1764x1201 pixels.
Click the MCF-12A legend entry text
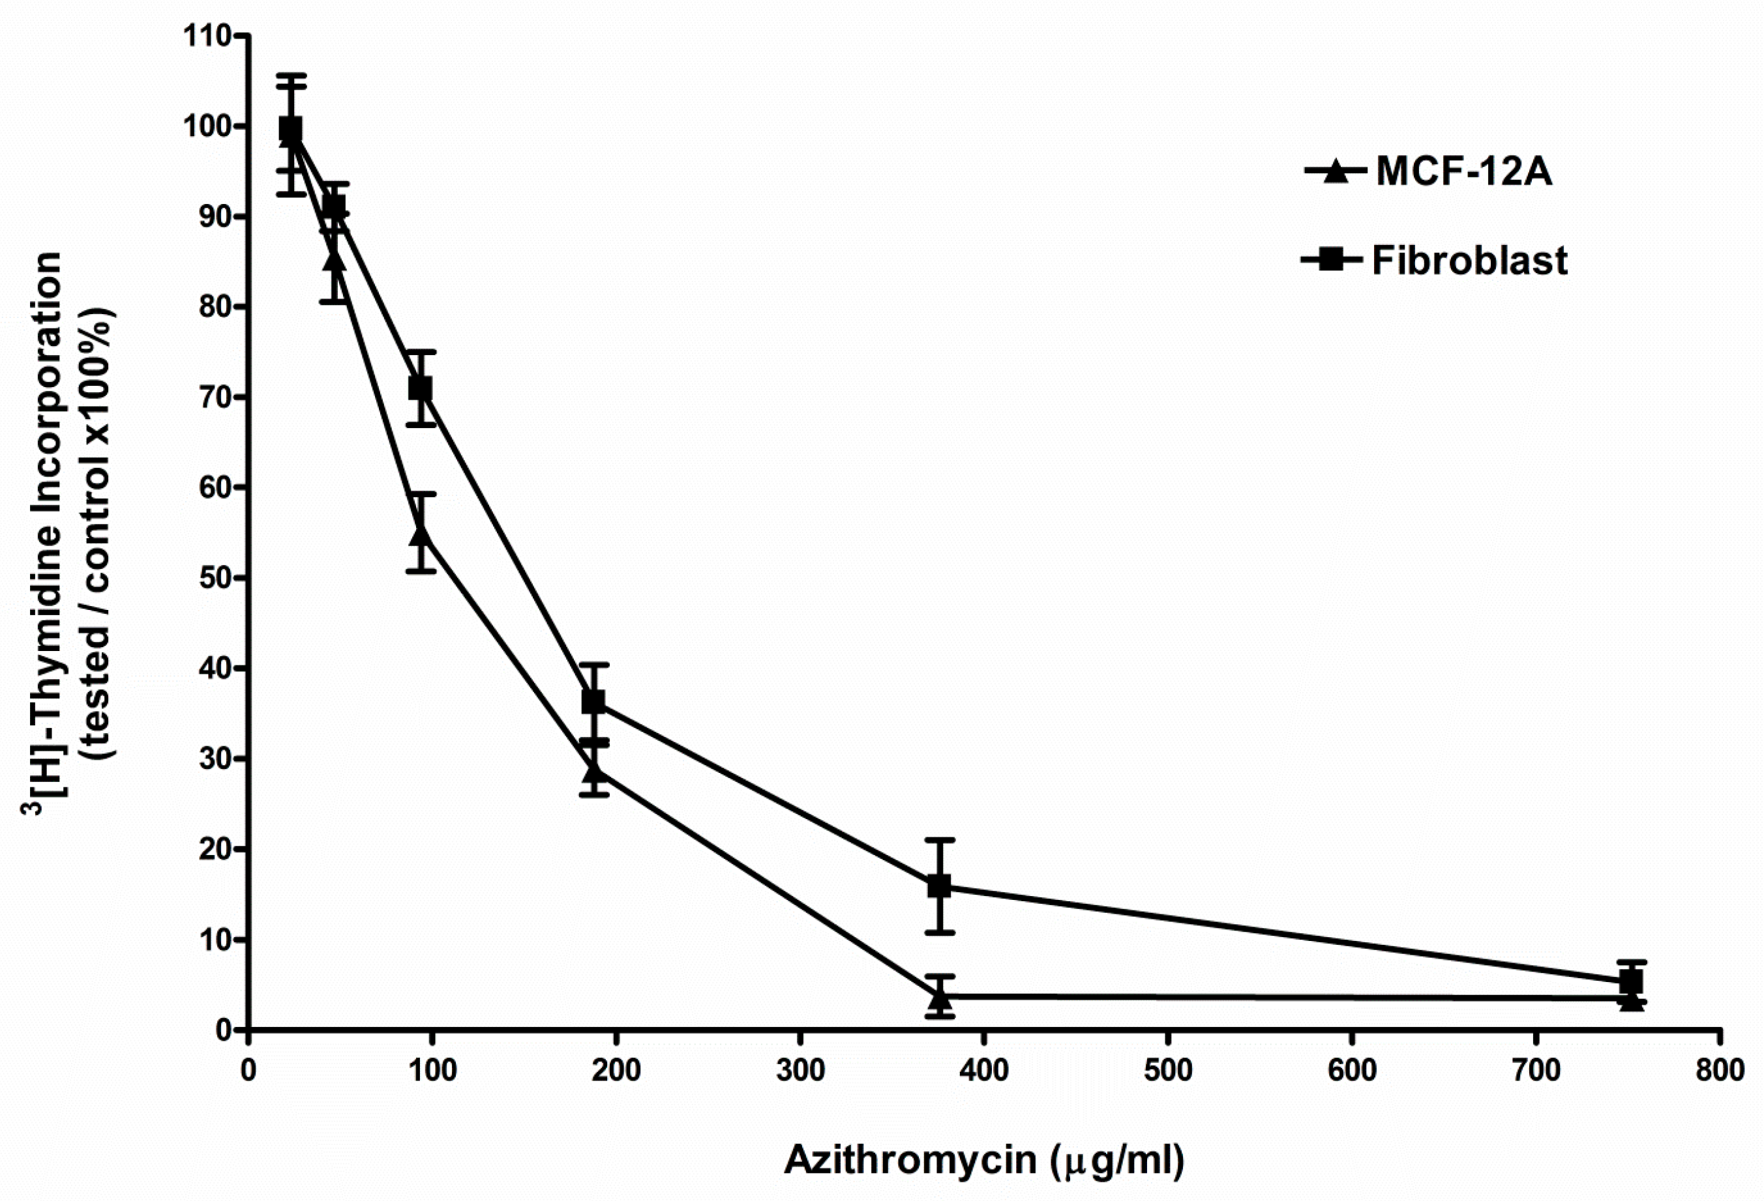tap(1463, 173)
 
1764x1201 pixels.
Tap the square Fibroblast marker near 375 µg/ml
tap(939, 886)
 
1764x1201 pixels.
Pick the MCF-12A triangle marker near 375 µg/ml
tap(940, 998)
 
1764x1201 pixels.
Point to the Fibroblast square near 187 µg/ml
tap(593, 702)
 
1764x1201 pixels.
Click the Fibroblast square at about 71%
tap(421, 388)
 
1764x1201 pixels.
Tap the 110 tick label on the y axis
tap(207, 36)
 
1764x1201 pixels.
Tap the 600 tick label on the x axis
tap(1352, 1071)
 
